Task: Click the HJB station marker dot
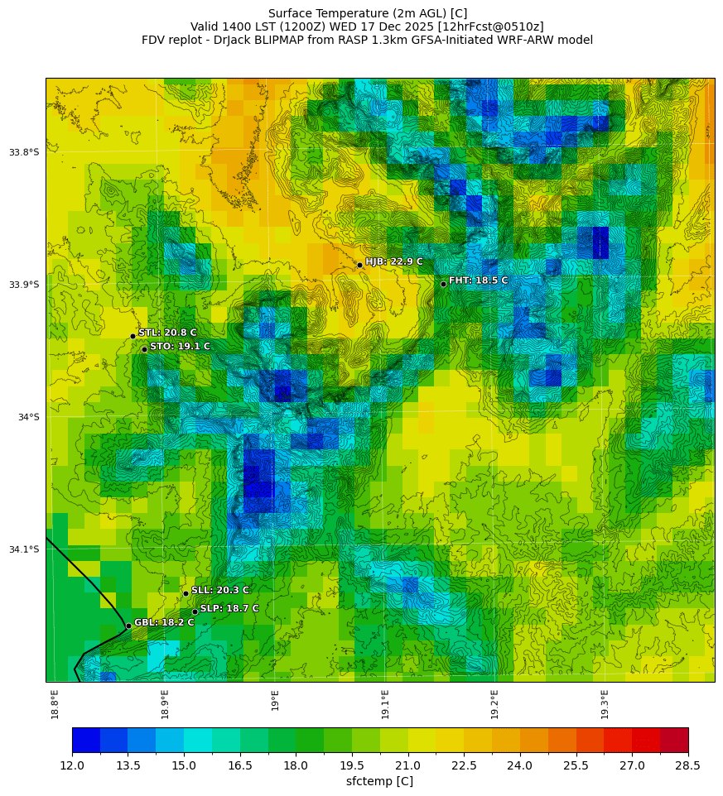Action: pyautogui.click(x=359, y=265)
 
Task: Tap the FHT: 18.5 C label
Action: pyautogui.click(x=478, y=281)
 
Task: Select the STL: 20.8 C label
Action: pyautogui.click(x=167, y=333)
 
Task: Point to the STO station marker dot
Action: pyautogui.click(x=144, y=349)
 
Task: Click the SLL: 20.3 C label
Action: pyautogui.click(x=219, y=590)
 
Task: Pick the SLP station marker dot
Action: pyautogui.click(x=195, y=611)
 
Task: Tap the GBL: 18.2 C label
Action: pyautogui.click(x=163, y=622)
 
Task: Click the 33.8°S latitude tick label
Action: pyautogui.click(x=24, y=152)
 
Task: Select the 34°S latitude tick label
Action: pyautogui.click(x=28, y=417)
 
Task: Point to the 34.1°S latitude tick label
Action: pyautogui.click(x=24, y=549)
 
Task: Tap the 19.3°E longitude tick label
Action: pyautogui.click(x=605, y=703)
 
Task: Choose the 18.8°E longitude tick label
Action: pyautogui.click(x=55, y=703)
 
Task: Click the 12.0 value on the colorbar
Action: pyautogui.click(x=72, y=765)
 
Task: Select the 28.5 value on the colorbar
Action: pyautogui.click(x=688, y=765)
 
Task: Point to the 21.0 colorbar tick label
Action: pyautogui.click(x=407, y=765)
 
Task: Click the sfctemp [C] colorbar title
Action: pyautogui.click(x=379, y=781)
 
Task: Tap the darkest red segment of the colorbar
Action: pyautogui.click(x=674, y=739)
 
